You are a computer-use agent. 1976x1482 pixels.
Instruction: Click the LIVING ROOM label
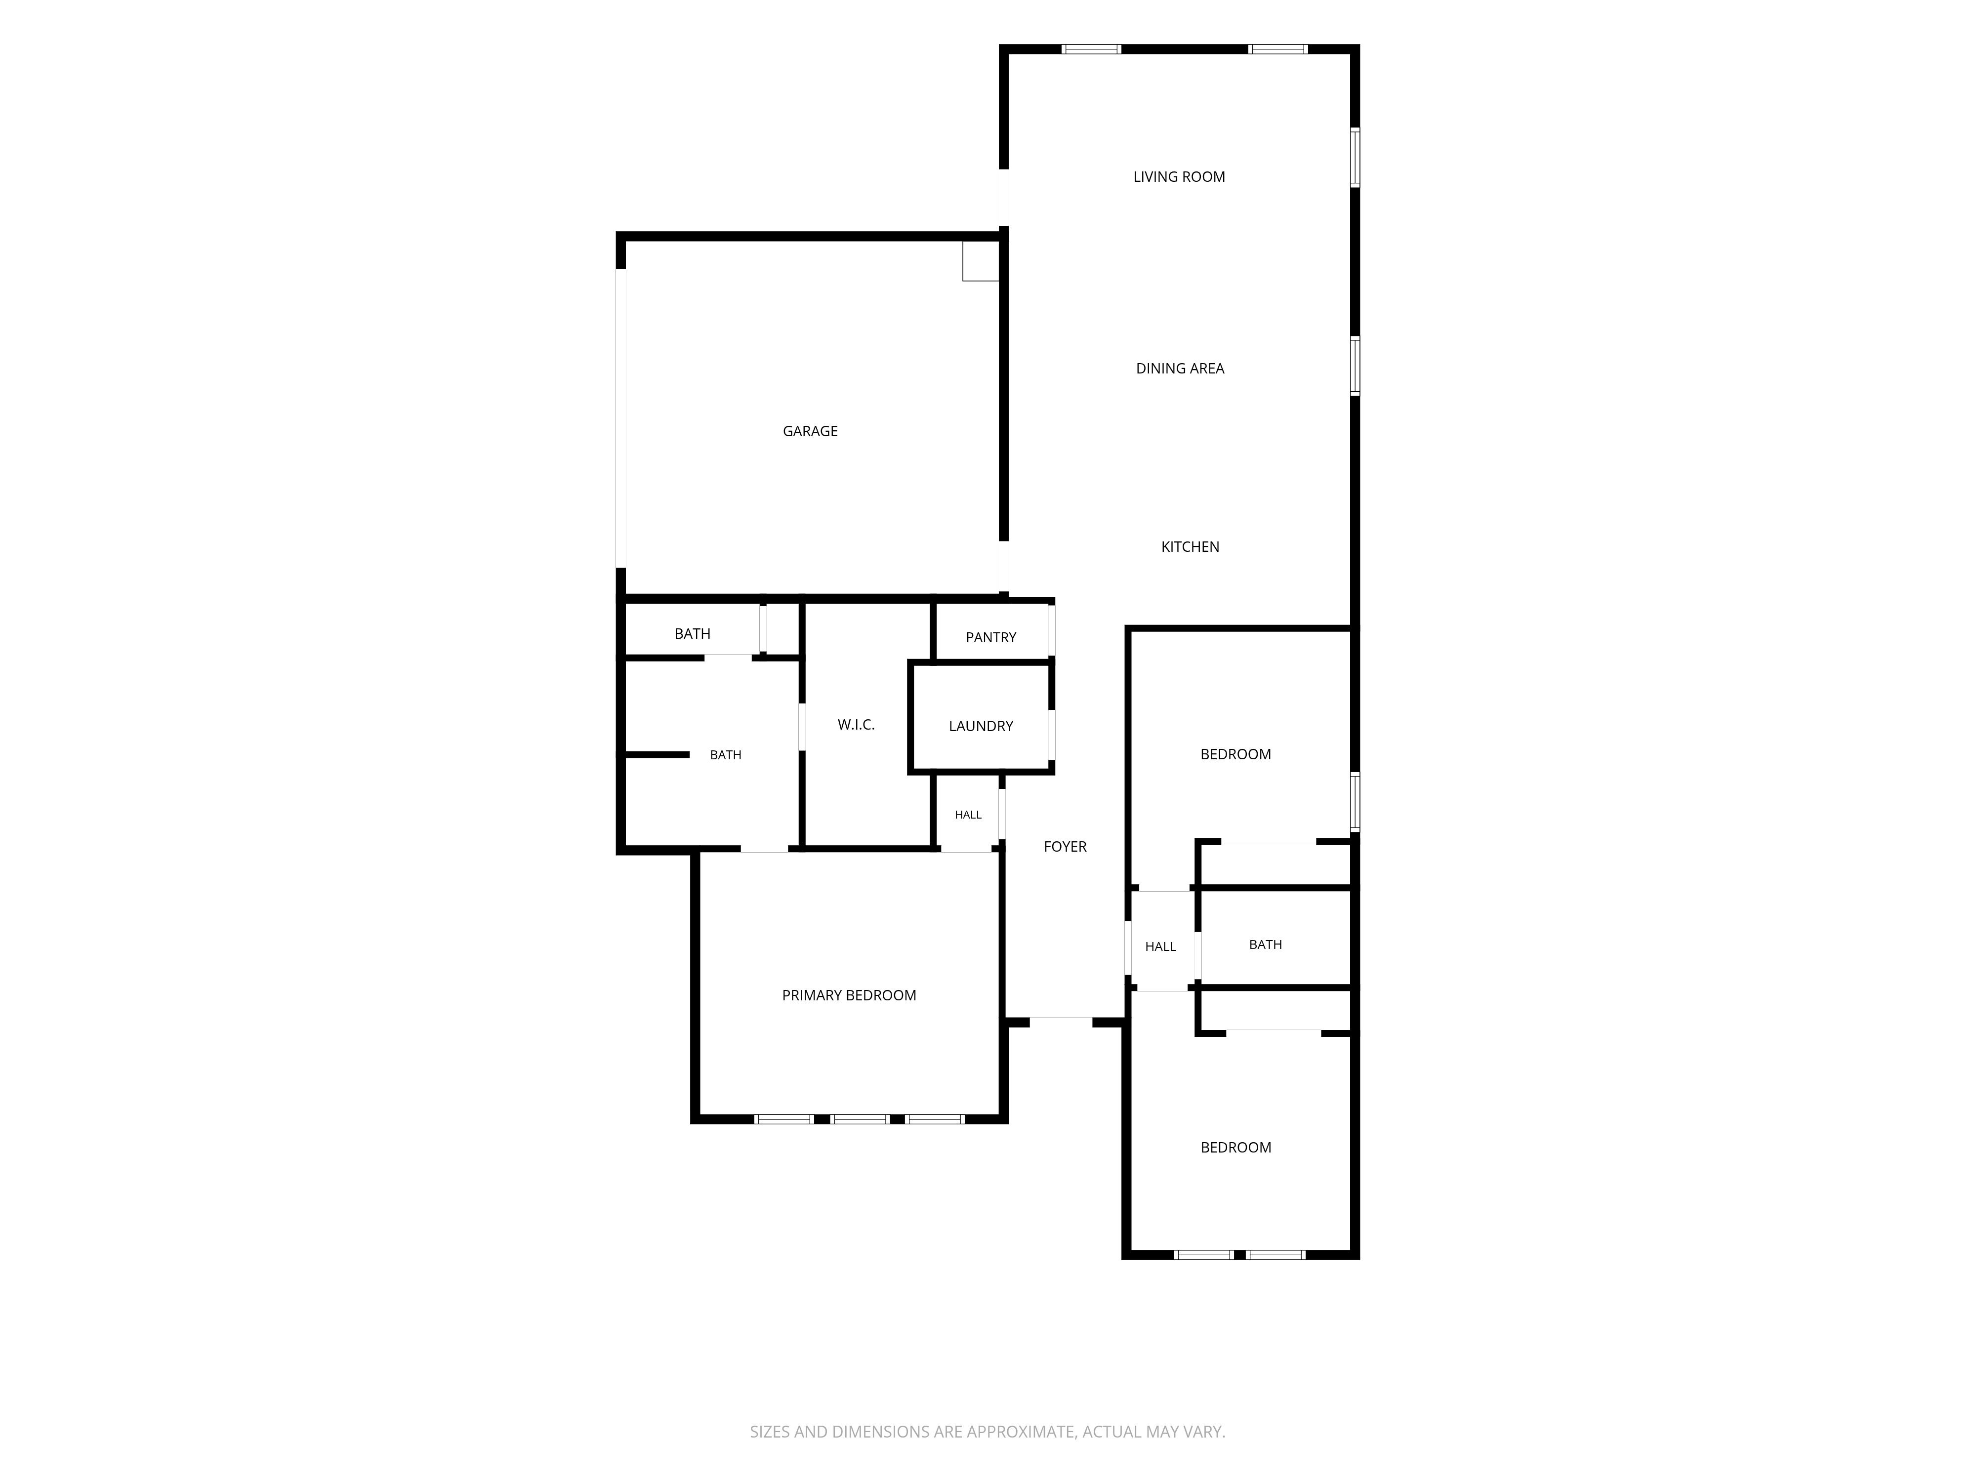tap(1179, 177)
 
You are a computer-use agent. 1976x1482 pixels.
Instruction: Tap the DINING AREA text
tap(1180, 368)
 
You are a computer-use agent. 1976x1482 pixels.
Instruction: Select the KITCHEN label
tap(1190, 547)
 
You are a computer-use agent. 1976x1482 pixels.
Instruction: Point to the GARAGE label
tap(810, 431)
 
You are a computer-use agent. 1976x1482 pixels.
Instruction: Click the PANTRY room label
tap(990, 637)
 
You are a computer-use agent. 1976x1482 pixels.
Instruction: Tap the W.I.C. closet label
tap(856, 725)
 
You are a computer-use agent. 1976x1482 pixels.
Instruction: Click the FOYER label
tap(1065, 846)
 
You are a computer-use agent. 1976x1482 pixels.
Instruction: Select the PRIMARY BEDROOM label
tap(849, 995)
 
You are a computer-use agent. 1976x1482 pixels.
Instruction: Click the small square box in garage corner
tap(980, 261)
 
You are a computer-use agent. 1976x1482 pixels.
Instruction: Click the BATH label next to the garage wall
tap(692, 633)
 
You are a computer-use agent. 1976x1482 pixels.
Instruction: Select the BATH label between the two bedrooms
tap(1265, 944)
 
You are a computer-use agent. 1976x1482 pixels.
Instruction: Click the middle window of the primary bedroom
tap(860, 1118)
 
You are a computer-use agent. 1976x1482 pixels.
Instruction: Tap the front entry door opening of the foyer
tap(1061, 1021)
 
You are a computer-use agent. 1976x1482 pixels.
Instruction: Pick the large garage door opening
tap(621, 418)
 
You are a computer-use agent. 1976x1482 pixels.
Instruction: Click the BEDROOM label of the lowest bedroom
tap(1235, 1147)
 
